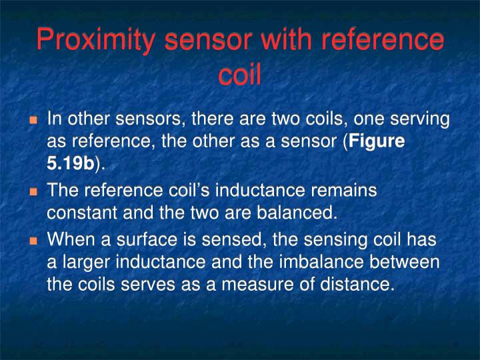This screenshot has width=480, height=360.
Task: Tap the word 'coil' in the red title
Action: (x=239, y=75)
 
